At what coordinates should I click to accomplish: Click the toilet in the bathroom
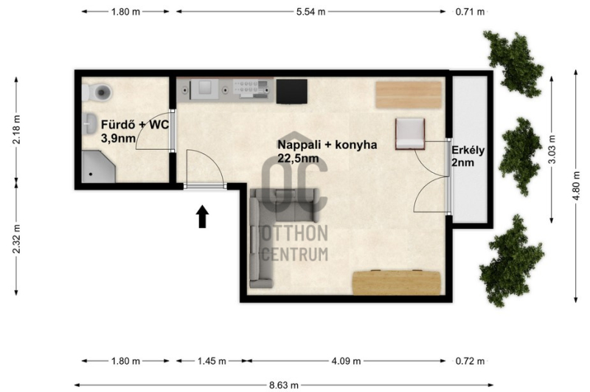click(x=97, y=92)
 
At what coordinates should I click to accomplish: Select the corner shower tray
click(x=97, y=167)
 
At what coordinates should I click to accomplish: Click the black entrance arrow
click(x=203, y=216)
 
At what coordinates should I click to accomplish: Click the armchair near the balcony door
click(x=410, y=134)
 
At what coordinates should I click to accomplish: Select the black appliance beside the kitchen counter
click(x=291, y=91)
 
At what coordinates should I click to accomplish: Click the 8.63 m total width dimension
click(x=284, y=385)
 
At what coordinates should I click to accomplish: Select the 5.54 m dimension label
click(x=310, y=12)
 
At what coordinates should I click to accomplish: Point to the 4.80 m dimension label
click(x=576, y=186)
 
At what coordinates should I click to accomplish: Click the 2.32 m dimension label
click(x=16, y=238)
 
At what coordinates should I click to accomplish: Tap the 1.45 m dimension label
click(x=212, y=361)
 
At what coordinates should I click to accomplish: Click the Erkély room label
click(x=468, y=151)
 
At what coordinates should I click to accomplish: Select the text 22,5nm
click(x=298, y=158)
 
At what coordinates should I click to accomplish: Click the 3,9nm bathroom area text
click(x=118, y=138)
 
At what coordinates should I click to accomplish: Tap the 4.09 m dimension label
click(x=346, y=361)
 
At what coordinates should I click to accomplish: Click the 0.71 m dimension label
click(x=470, y=12)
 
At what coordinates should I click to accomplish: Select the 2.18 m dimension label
click(x=16, y=129)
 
